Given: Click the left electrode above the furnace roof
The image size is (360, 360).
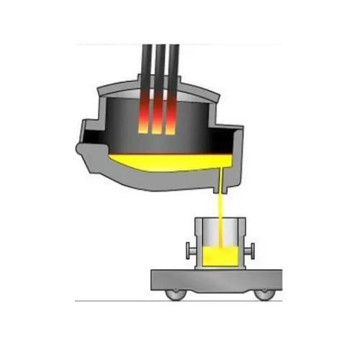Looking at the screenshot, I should point(146,65).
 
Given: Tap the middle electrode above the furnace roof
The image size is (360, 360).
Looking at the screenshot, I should point(159,65).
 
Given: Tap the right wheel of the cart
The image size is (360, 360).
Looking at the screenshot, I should point(262,294).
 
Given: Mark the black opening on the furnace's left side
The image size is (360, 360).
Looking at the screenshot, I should point(90,137).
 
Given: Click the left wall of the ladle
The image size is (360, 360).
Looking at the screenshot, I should point(198,245).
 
